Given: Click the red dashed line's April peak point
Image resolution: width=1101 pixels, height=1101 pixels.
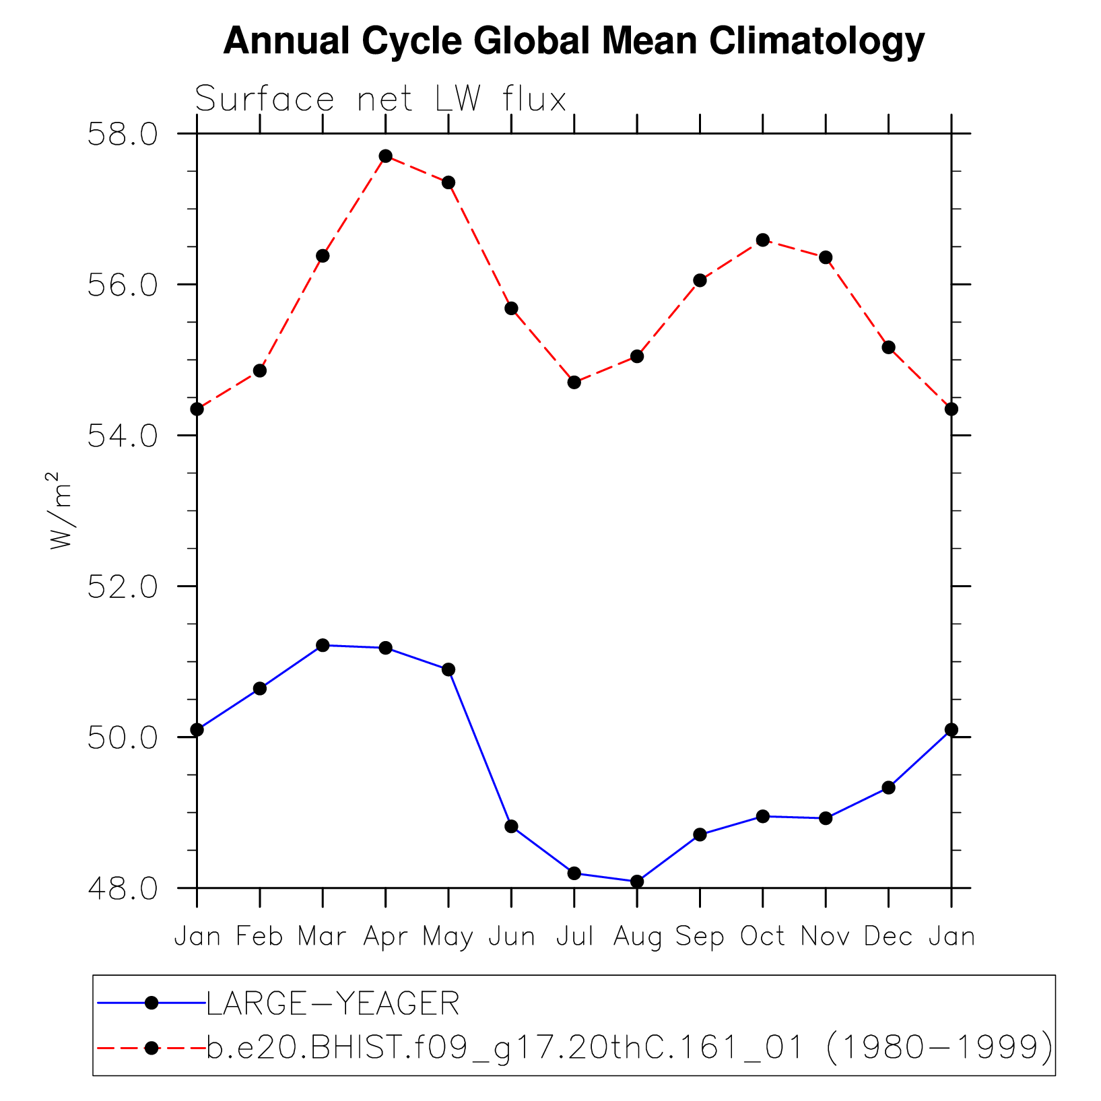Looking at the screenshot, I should point(385,156).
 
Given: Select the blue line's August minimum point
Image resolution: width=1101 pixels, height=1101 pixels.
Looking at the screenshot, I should point(637,881).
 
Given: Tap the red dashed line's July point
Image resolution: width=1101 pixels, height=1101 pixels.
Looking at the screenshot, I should point(574,382).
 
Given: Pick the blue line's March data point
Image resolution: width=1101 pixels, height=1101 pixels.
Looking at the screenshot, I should point(323,645).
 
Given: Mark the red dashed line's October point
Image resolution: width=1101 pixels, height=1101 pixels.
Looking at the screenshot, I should point(763,240).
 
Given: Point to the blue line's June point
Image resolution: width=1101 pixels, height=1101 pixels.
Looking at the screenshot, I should point(511,826).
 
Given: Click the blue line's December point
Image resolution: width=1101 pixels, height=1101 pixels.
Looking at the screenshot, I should point(888,787).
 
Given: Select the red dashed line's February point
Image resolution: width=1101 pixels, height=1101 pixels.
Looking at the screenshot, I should point(260,370).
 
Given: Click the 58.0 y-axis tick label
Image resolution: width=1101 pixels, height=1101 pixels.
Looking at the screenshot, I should point(122,134).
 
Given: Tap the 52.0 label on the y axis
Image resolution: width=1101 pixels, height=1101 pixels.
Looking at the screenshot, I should point(122,587).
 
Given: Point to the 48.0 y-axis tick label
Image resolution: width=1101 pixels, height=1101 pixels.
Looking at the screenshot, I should point(122,888).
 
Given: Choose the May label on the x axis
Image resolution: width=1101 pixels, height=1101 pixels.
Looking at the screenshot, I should point(448,937).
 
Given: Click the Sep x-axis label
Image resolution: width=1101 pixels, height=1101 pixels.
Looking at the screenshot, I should point(700,937).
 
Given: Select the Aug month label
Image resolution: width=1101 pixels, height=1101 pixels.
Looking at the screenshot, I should point(637,937).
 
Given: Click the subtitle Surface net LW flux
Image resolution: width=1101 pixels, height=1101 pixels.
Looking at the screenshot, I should point(380,100).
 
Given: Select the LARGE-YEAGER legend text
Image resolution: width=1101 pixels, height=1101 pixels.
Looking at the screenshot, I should point(333,1003).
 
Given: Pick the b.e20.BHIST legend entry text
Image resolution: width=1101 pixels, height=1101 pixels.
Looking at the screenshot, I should point(629,1048).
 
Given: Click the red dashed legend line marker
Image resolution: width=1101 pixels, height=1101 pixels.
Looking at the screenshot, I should point(152,1048).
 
